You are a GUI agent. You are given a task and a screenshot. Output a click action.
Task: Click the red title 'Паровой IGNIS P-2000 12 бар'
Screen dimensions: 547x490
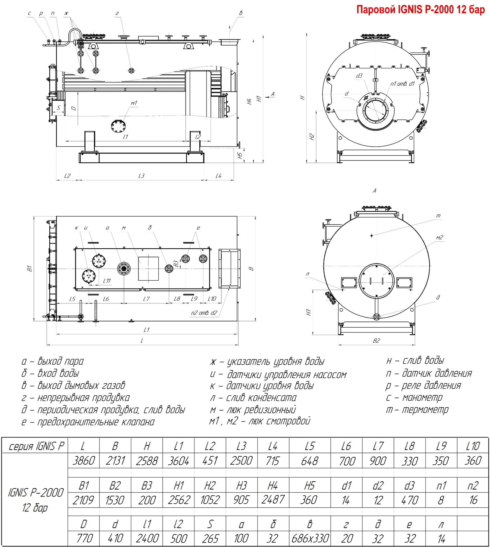(x=420, y=9)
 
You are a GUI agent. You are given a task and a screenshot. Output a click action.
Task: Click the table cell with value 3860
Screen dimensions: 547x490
(x=84, y=461)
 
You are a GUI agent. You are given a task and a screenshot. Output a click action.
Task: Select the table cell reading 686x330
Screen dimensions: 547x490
(x=310, y=538)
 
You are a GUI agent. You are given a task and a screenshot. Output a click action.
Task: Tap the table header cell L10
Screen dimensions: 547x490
(x=473, y=446)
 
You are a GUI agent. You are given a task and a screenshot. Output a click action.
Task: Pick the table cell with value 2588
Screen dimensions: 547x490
(x=147, y=461)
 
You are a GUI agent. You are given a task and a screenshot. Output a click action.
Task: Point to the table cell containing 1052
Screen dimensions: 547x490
(x=210, y=500)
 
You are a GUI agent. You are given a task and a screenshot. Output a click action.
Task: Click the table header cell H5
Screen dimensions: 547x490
(x=310, y=485)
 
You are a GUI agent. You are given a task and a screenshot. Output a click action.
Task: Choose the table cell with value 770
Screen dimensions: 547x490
(x=84, y=538)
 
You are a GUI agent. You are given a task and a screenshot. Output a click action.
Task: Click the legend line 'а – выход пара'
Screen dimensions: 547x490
(x=52, y=361)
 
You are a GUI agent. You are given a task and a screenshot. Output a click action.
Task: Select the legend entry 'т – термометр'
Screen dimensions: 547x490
(x=417, y=410)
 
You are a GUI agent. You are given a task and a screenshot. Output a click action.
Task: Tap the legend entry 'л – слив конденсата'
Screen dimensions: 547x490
(x=253, y=397)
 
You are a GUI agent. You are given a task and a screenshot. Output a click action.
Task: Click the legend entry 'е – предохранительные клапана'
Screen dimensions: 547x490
(x=88, y=422)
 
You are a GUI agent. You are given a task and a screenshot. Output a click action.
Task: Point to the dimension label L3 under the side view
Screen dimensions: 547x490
(x=141, y=176)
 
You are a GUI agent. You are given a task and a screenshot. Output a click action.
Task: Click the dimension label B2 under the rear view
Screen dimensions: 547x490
(x=376, y=340)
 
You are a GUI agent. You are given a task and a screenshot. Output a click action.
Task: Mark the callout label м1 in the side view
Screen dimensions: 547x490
(x=134, y=103)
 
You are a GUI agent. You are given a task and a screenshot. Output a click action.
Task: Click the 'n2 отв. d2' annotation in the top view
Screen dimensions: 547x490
(x=204, y=313)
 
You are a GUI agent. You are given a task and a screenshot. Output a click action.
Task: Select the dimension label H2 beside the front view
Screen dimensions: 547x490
(x=311, y=137)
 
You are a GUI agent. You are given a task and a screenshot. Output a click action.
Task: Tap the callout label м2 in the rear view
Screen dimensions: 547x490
(x=440, y=237)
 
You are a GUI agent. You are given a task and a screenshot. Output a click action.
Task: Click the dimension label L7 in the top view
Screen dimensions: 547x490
(x=146, y=299)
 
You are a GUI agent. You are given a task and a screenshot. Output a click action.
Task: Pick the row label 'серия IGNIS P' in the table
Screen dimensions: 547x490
(x=36, y=446)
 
